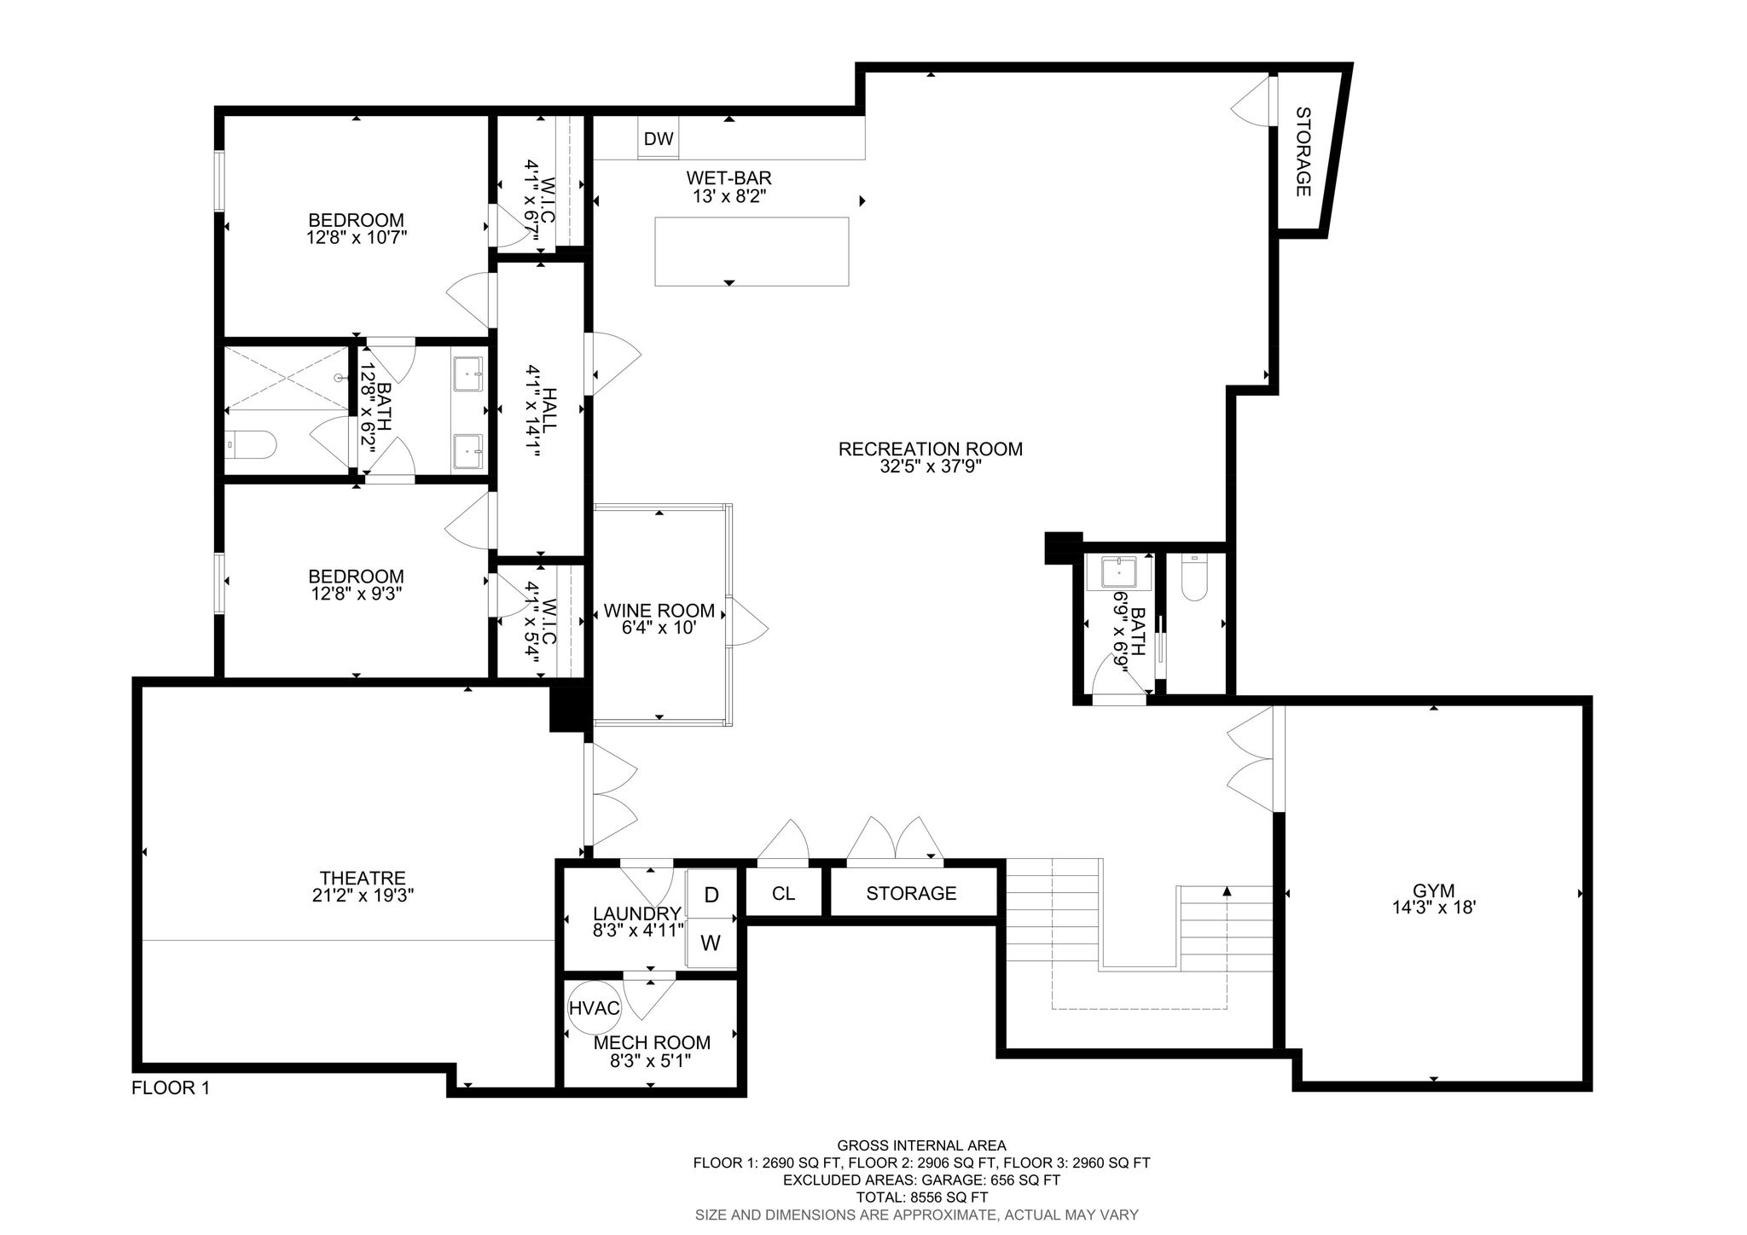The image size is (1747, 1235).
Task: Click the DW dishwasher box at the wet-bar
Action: pyautogui.click(x=659, y=139)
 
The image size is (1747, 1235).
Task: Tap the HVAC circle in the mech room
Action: pyautogui.click(x=595, y=1007)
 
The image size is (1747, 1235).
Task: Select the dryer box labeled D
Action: pyautogui.click(x=711, y=895)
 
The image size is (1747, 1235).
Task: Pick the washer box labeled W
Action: pyautogui.click(x=711, y=943)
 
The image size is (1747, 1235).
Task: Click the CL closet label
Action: pyautogui.click(x=783, y=893)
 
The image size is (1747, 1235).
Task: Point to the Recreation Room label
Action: pyautogui.click(x=930, y=449)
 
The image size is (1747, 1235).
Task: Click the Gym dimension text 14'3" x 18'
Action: pyautogui.click(x=1433, y=908)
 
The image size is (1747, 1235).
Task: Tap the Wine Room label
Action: pyautogui.click(x=659, y=611)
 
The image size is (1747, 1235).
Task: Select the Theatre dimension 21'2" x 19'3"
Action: pyautogui.click(x=363, y=896)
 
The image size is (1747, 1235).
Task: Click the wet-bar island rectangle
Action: pyautogui.click(x=752, y=251)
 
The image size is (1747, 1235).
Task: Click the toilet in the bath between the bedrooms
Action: pyautogui.click(x=252, y=444)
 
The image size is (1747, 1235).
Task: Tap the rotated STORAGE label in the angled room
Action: pyautogui.click(x=1303, y=152)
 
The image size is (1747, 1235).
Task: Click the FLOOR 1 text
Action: pyautogui.click(x=171, y=1088)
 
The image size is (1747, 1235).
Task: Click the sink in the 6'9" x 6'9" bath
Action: pyautogui.click(x=1117, y=572)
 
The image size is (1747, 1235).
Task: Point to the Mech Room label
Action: pyautogui.click(x=652, y=1042)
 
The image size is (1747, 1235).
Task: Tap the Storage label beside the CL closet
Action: pyautogui.click(x=911, y=893)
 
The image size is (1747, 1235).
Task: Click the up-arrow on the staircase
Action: pyautogui.click(x=1227, y=892)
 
